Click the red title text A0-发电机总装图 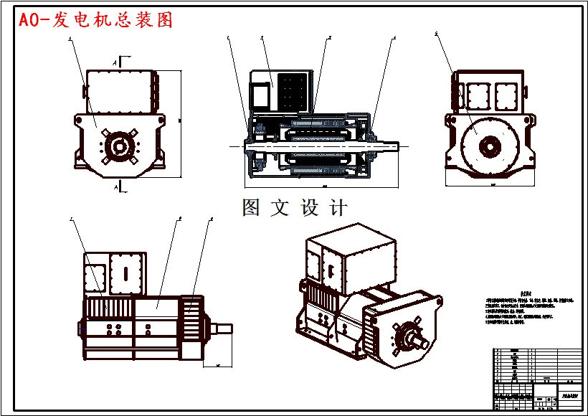[97, 20]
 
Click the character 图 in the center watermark [251, 208]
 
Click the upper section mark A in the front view [115, 63]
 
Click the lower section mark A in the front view [115, 186]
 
